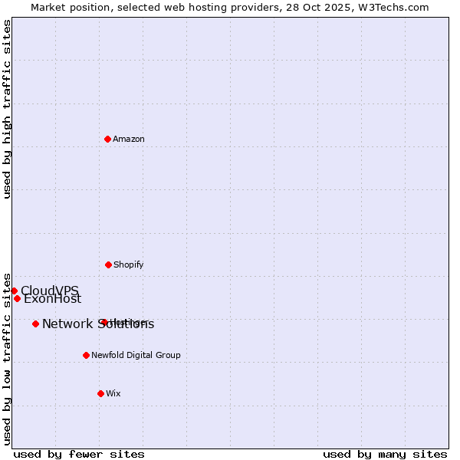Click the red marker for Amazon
[108, 139]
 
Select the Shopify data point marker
[109, 264]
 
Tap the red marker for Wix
[100, 393]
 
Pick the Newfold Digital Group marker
[87, 355]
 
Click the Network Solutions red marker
[36, 324]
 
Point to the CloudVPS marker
[14, 291]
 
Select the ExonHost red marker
[17, 298]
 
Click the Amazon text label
[129, 140]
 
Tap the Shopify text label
[129, 265]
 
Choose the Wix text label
[113, 394]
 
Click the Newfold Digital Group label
[136, 356]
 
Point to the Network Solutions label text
[98, 324]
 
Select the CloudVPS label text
[50, 291]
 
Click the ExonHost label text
[52, 299]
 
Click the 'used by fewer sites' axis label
[79, 454]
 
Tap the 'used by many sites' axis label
[385, 454]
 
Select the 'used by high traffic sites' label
[8, 109]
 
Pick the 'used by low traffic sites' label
[8, 359]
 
